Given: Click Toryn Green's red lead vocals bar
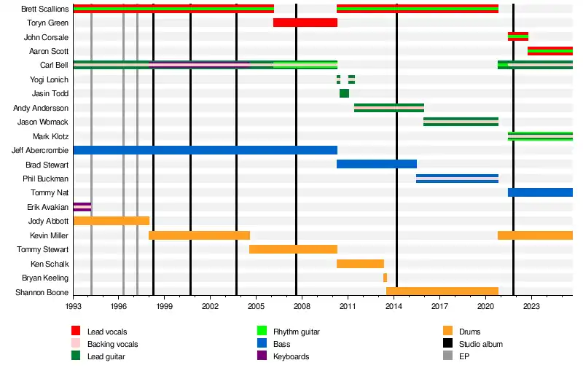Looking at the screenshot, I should click(x=305, y=23).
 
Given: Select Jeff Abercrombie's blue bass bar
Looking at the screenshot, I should click(x=205, y=150).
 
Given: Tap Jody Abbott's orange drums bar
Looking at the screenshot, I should click(x=111, y=221).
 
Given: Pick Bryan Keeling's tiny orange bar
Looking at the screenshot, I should click(x=385, y=278).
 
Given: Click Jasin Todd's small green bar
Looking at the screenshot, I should click(x=344, y=93).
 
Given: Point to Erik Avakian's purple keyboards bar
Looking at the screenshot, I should click(x=82, y=207).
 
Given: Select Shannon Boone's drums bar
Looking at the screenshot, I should click(x=442, y=291).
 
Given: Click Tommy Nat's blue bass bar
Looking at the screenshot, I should click(x=539, y=192).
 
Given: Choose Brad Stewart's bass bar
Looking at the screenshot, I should click(x=376, y=164).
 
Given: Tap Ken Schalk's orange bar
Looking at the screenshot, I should click(x=360, y=263).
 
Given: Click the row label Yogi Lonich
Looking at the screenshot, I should click(x=49, y=79).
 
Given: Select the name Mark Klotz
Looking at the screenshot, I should click(x=50, y=136).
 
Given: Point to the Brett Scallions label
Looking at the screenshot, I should click(x=44, y=9).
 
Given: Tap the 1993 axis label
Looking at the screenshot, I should click(x=73, y=308).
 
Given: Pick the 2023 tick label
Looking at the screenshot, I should click(x=531, y=308).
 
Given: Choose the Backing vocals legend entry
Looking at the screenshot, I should click(x=112, y=344).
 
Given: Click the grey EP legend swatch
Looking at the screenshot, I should click(x=446, y=356).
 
